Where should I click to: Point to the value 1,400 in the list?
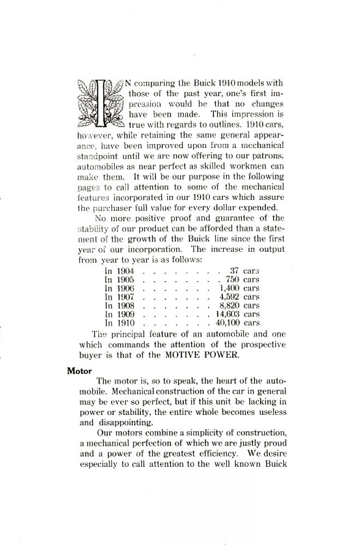(x=227, y=288)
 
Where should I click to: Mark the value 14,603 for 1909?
(x=225, y=314)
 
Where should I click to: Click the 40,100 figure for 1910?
(x=225, y=323)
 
